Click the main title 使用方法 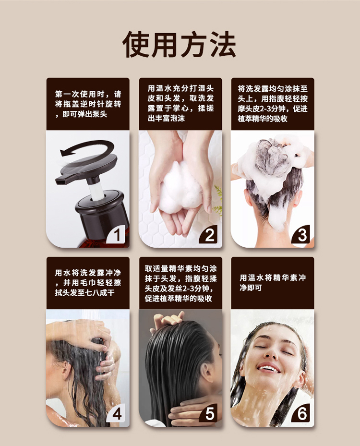click(180, 45)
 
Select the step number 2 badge click(210, 235)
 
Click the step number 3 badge click(302, 235)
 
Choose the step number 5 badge click(210, 414)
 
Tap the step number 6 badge click(302, 414)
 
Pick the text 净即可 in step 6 click(250, 288)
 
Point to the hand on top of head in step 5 click(168, 320)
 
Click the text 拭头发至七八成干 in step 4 click(85, 293)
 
